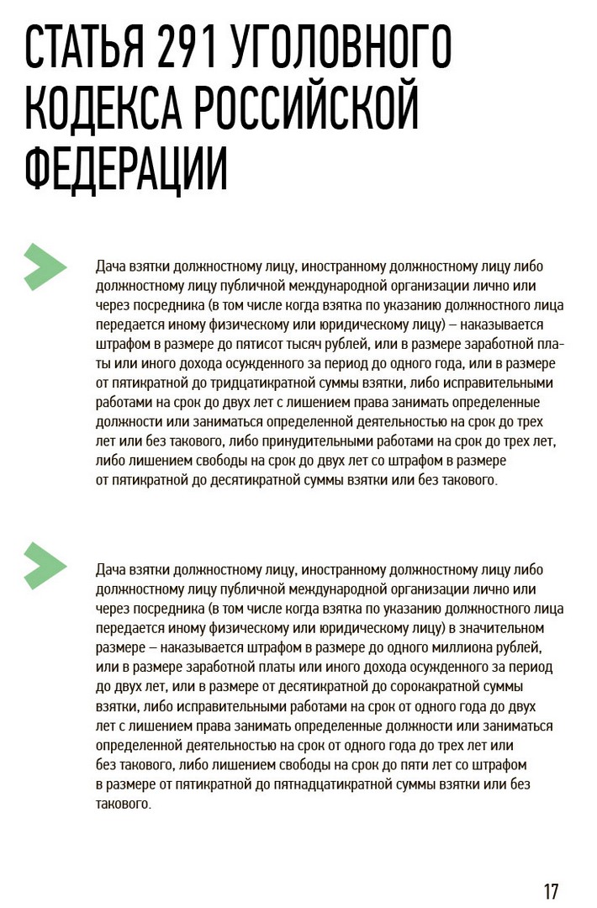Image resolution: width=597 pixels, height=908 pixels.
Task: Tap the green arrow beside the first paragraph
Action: click(45, 267)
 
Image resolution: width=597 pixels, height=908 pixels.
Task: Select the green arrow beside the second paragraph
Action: click(45, 564)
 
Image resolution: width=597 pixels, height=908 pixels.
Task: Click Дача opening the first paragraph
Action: click(111, 267)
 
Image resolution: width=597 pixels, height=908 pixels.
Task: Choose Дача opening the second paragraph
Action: click(111, 569)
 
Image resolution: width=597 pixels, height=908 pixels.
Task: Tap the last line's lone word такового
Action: click(123, 804)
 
